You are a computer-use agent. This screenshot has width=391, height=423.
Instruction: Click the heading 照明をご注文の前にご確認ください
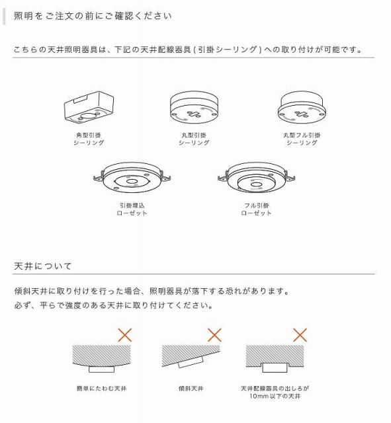[93, 16]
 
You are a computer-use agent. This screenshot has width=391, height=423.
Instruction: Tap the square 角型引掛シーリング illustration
[89, 107]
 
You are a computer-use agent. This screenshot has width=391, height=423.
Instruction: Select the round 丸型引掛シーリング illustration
[194, 107]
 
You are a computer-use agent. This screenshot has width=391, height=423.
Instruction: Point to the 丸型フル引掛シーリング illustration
[302, 107]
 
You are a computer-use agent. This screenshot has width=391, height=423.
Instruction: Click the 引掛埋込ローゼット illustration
[132, 178]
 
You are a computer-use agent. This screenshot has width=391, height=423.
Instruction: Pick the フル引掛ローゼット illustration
[256, 178]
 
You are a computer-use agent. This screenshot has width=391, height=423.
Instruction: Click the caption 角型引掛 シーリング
[89, 139]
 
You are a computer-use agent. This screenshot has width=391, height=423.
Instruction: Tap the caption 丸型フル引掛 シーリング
[302, 139]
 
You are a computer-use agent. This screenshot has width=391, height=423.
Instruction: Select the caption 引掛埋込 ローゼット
[132, 209]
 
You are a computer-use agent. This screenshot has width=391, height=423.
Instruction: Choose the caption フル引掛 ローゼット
[256, 209]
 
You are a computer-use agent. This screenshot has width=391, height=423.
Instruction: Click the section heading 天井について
[42, 266]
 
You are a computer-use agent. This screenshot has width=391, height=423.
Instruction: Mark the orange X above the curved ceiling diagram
[125, 335]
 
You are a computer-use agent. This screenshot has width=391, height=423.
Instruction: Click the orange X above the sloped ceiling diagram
[214, 335]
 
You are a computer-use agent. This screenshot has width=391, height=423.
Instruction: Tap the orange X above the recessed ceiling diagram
[300, 335]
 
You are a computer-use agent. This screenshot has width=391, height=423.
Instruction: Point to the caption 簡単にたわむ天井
[101, 389]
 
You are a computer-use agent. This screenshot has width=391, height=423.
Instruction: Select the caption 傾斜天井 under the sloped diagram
[191, 389]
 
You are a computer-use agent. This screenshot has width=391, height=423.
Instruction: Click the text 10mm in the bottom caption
[257, 397]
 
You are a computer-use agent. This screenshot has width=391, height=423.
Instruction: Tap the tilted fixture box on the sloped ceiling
[191, 362]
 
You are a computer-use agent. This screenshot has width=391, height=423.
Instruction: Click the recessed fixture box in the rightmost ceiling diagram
[275, 368]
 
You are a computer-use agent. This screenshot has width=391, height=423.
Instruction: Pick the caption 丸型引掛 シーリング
[194, 139]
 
